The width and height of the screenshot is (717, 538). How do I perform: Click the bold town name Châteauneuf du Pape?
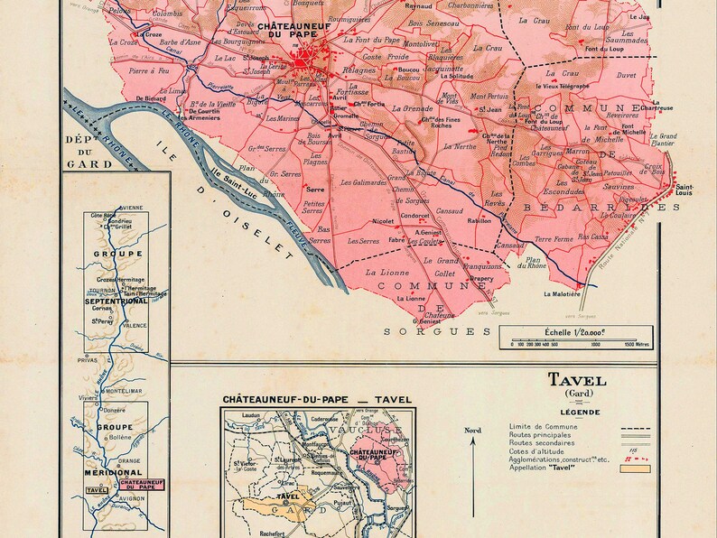pos(298,32)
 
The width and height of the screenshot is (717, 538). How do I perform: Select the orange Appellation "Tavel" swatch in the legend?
pos(634,468)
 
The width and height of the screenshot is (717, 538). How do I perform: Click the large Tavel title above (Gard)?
pos(577,380)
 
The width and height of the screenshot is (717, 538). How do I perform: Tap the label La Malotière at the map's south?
pos(560,294)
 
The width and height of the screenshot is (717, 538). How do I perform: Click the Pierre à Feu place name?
pos(148,70)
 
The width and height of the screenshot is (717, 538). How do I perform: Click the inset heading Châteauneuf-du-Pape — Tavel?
pos(316,399)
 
